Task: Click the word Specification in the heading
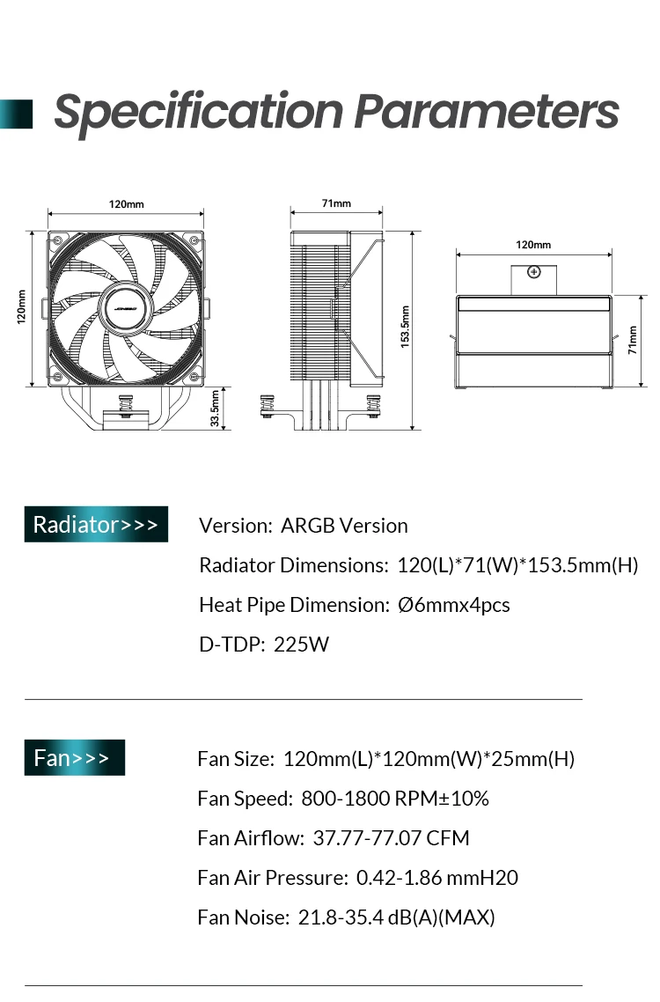(x=199, y=113)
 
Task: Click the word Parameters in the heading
(x=487, y=111)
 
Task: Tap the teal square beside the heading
(x=16, y=114)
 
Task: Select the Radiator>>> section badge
(x=96, y=524)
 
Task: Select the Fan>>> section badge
(x=75, y=757)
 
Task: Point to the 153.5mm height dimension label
(x=405, y=327)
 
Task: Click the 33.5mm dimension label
(x=215, y=409)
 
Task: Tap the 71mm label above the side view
(x=336, y=203)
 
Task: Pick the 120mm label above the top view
(x=533, y=245)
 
